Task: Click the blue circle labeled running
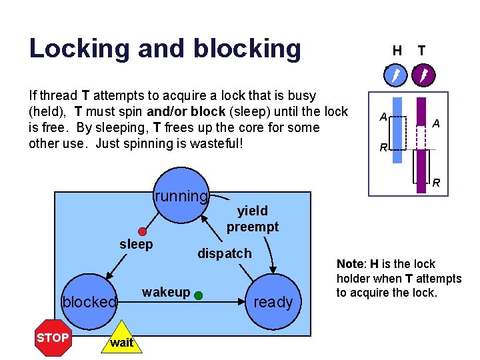(181, 195)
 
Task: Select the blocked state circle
(89, 301)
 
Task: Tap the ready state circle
(273, 301)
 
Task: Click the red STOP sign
(53, 337)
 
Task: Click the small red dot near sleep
(142, 232)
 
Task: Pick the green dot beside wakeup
(199, 293)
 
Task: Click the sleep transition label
(136, 245)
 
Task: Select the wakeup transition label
(166, 292)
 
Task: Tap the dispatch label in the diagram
(225, 253)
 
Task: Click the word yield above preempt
(252, 211)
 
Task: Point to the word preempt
(252, 227)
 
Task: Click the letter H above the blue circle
(397, 50)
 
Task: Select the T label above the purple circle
(421, 50)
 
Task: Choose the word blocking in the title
(247, 48)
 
